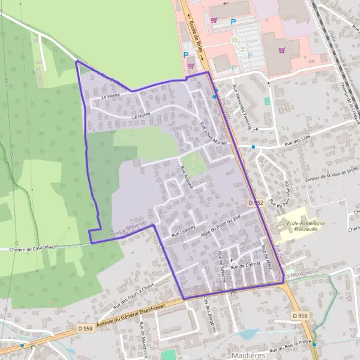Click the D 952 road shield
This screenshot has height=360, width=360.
coord(256,203)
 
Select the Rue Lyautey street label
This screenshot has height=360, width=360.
coord(184,230)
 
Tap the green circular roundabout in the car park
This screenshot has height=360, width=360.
coord(235,40)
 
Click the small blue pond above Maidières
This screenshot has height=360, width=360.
coord(248,334)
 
